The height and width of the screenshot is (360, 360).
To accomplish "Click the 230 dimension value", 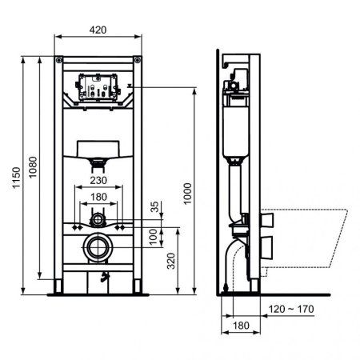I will coord(99,182).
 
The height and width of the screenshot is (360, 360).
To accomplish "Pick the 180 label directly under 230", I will coord(99,197).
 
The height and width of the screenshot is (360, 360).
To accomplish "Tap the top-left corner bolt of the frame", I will coord(60,60).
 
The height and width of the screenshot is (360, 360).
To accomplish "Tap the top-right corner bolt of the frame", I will coord(138,60).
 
